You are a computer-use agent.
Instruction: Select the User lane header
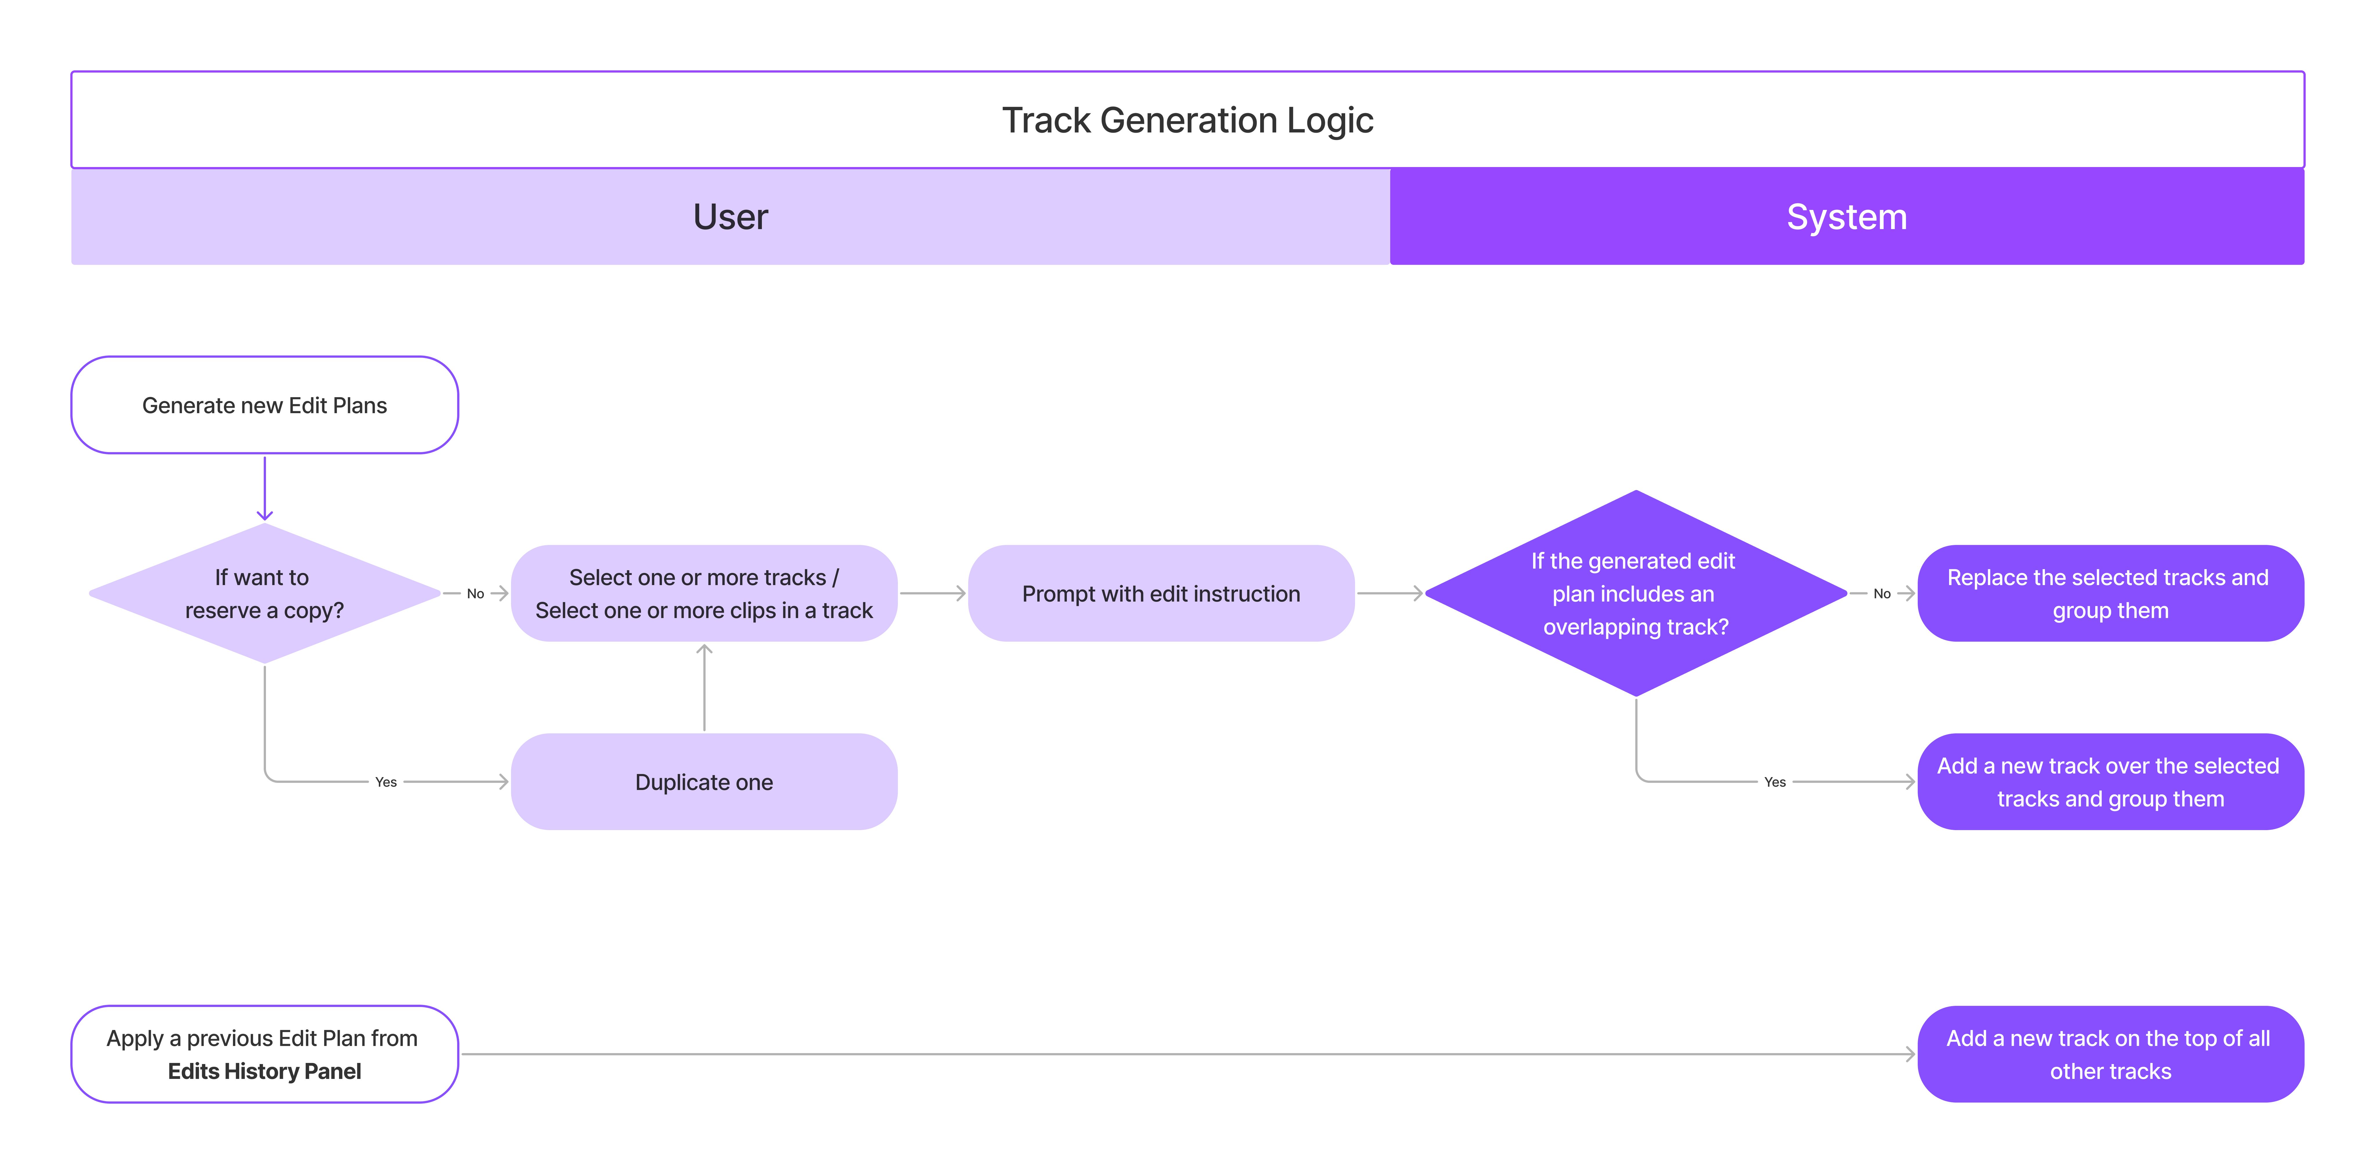[731, 217]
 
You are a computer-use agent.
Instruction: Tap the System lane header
[1847, 217]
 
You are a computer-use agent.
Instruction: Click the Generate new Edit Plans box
[265, 405]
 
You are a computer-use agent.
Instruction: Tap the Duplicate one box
[704, 782]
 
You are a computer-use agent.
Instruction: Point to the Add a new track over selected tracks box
[2110, 782]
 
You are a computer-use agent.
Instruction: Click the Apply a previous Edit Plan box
[265, 1054]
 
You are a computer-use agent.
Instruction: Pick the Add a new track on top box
[2110, 1054]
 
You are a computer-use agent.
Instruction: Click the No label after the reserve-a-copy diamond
[475, 594]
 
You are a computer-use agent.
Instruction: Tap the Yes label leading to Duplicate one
[385, 782]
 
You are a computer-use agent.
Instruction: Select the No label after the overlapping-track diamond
[1881, 594]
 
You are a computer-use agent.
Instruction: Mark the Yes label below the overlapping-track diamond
[1775, 782]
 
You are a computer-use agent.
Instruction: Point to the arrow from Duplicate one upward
[704, 687]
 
